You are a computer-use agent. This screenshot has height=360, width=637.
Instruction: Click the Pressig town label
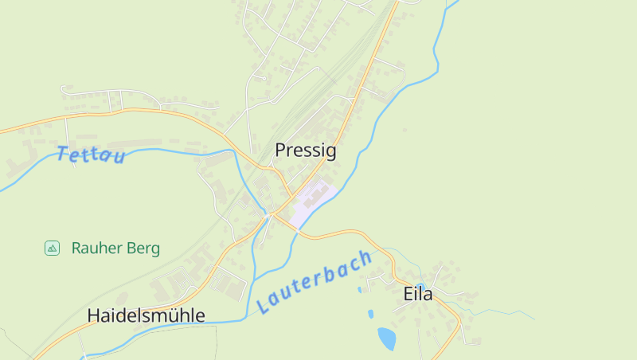point(306,150)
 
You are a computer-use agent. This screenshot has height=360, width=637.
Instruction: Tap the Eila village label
point(417,294)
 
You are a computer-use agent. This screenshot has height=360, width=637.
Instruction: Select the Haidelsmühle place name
point(146,315)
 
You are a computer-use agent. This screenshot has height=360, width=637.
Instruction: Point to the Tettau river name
point(91,155)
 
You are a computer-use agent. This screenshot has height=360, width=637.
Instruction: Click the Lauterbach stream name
point(315,282)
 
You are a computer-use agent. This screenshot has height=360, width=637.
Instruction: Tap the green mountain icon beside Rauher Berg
point(52,248)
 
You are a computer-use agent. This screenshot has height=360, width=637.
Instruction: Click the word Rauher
point(96,248)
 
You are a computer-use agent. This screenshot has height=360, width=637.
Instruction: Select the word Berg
point(143,248)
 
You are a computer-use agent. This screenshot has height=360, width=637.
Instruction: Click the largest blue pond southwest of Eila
point(386,338)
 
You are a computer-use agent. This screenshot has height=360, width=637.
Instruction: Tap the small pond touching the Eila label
point(420,285)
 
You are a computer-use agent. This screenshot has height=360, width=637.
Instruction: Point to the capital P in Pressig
point(280,150)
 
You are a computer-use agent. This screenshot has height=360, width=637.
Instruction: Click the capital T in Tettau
point(63,153)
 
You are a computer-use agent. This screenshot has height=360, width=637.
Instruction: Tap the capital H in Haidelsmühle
point(93,315)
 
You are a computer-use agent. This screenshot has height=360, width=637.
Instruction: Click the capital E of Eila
point(408,294)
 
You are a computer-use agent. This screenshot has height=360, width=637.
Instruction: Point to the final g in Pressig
point(330,151)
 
